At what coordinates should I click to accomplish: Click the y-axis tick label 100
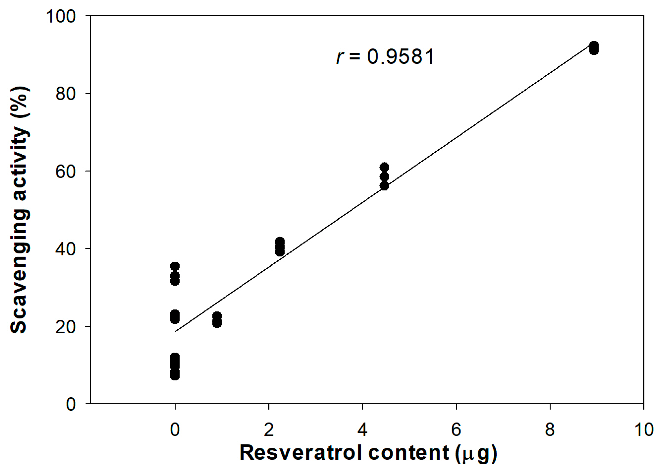61,16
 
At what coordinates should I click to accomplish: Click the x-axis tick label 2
269,430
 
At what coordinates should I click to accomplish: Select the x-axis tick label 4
362,430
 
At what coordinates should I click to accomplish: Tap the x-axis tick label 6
456,430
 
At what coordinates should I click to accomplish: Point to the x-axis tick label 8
550,430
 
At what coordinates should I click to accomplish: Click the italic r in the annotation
339,57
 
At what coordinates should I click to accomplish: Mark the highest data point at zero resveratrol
175,266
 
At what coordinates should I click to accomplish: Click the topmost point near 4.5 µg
384,167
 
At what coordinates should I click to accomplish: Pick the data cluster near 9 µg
594,48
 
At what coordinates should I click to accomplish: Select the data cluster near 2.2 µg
280,246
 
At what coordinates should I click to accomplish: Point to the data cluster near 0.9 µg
217,319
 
